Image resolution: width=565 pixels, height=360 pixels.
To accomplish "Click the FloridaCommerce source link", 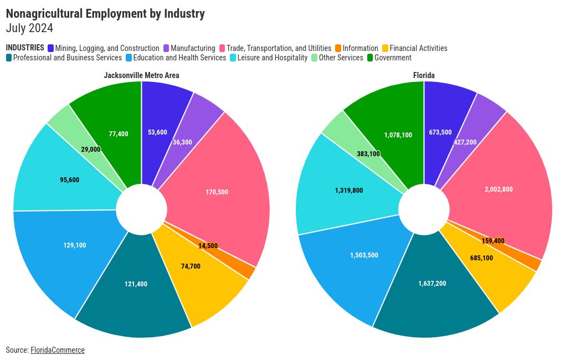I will coord(58,350).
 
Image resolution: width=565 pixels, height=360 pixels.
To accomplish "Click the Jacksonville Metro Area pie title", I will coord(141,75).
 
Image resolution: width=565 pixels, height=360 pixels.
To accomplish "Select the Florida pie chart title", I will coord(424,75).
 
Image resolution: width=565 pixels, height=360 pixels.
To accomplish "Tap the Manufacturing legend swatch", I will coord(166,48).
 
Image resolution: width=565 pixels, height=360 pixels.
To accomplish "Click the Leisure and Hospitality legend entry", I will coord(272,58).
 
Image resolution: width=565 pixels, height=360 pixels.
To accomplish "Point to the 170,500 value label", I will coord(217,192).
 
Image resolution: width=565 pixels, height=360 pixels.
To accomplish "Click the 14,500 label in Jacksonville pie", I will coord(208,245).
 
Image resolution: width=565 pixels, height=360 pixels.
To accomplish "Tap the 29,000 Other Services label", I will coord(91,150).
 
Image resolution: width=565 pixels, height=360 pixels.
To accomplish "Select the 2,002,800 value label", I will coord(499,189).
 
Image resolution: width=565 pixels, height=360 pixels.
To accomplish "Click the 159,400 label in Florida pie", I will coord(493,241).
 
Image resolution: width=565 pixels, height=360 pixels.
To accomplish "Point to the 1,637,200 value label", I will coord(432,284).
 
